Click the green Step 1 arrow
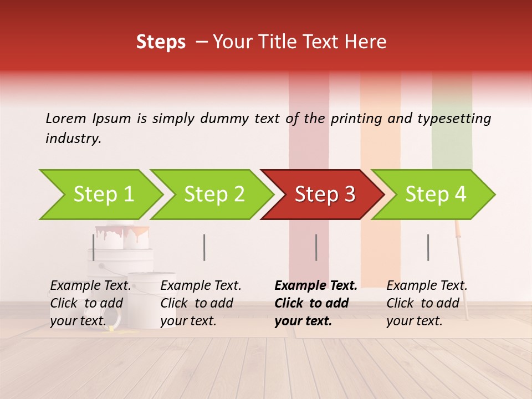[103, 195]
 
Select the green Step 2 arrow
[213, 195]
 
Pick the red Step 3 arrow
[324, 195]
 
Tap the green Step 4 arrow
[435, 195]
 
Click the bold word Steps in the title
[161, 42]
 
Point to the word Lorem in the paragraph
[66, 118]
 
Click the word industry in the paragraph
[73, 139]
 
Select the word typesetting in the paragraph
[454, 118]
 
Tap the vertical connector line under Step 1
[94, 247]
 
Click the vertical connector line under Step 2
[204, 247]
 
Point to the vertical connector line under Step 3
[316, 247]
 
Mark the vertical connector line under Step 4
[428, 247]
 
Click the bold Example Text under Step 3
[316, 286]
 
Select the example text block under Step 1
[90, 303]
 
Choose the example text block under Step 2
[201, 303]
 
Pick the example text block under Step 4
[427, 303]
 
